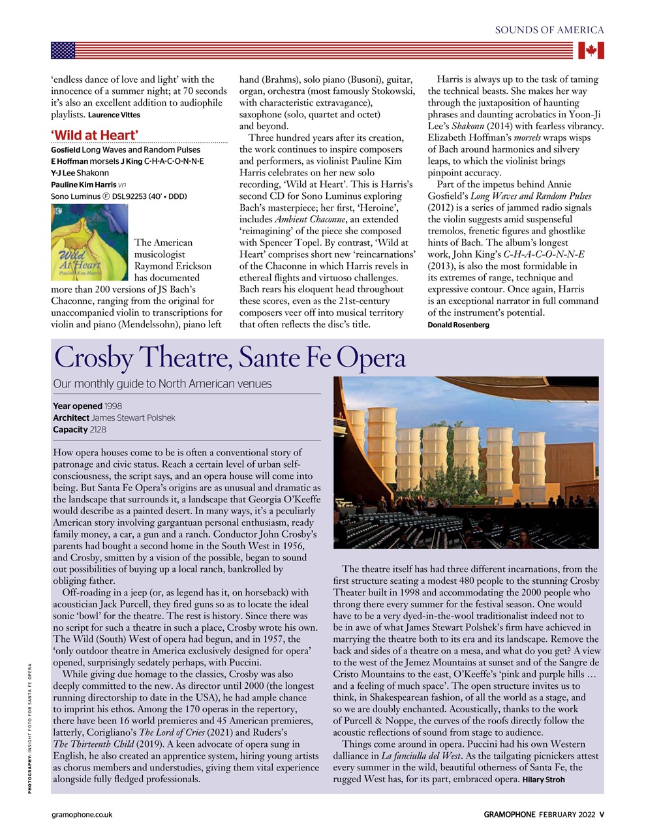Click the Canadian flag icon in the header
[591, 50]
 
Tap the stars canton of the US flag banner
[63, 50]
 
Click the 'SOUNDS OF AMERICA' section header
[549, 30]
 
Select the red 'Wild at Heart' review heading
[95, 135]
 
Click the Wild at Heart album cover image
[89, 242]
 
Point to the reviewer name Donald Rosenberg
[458, 325]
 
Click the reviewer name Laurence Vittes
[114, 115]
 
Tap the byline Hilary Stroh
[544, 780]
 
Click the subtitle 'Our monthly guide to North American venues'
[162, 384]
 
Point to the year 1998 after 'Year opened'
[113, 406]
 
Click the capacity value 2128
[98, 429]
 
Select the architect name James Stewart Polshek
[133, 417]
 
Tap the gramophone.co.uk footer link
[82, 814]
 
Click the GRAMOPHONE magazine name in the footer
[510, 814]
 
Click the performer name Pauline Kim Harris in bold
[84, 185]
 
